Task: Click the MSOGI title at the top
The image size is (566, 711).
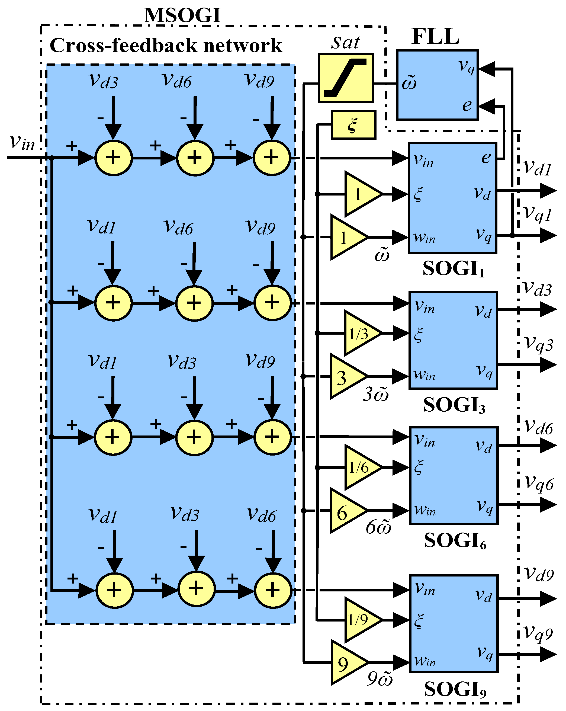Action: pyautogui.click(x=182, y=15)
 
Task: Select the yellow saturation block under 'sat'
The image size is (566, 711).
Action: pyautogui.click(x=345, y=78)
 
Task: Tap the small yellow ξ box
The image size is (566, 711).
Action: pyautogui.click(x=353, y=125)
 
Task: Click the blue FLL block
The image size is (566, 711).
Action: pyautogui.click(x=437, y=85)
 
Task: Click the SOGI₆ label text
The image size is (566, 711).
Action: pyautogui.click(x=455, y=541)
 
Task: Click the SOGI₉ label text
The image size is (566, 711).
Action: pyautogui.click(x=455, y=689)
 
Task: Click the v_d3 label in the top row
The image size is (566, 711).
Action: pyautogui.click(x=104, y=81)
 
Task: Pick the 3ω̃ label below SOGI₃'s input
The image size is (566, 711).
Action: pyautogui.click(x=376, y=394)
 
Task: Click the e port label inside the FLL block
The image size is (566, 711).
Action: pyautogui.click(x=467, y=105)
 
